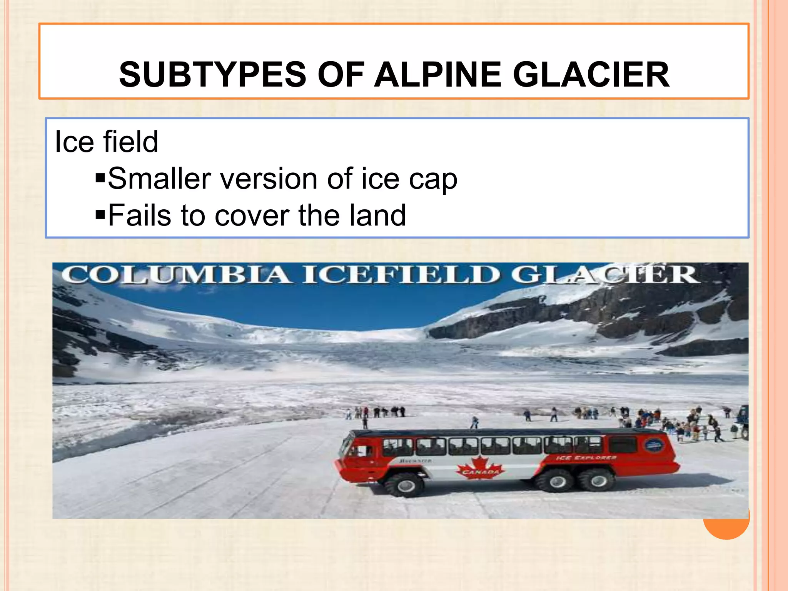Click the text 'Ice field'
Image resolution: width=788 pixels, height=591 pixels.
tap(106, 142)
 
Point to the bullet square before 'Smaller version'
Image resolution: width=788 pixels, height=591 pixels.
tap(100, 178)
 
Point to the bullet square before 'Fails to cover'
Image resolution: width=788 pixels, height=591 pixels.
tap(100, 215)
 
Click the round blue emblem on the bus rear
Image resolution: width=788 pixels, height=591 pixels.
tap(654, 446)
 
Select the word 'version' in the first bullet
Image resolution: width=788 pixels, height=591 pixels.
tap(269, 179)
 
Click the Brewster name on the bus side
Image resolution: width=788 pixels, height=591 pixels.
tap(415, 461)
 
